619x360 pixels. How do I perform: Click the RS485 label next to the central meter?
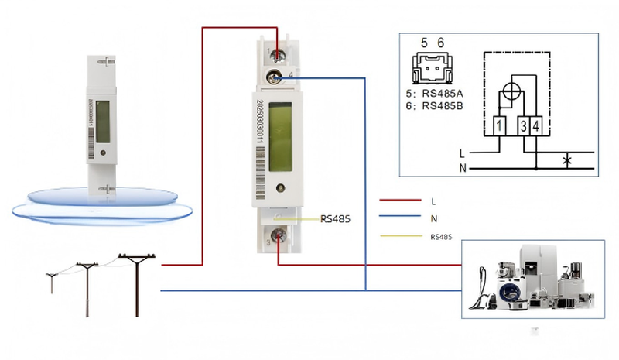pos(335,219)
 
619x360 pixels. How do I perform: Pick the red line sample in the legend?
pos(398,201)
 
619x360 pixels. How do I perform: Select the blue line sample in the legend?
pos(398,218)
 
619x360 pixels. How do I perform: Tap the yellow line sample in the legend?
pos(398,236)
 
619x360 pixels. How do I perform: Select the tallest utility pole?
pos(137,283)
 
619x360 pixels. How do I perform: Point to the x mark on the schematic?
pos(566,161)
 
